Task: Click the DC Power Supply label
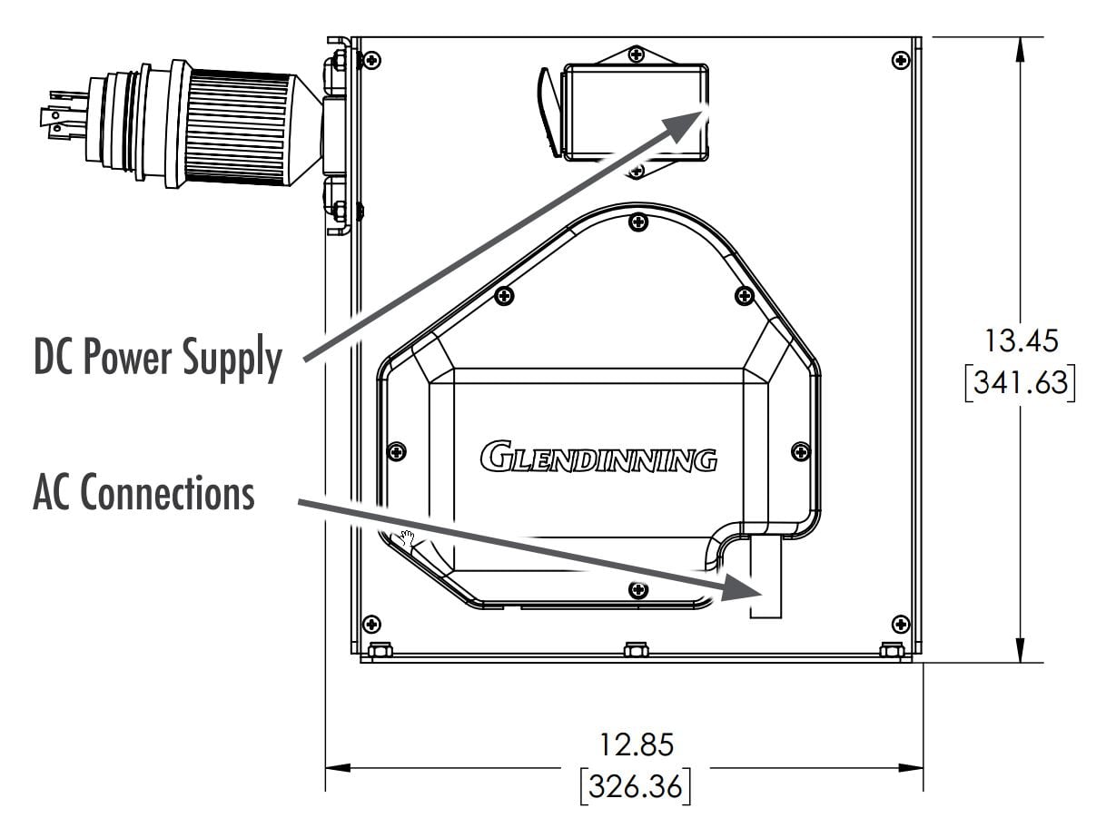click(157, 358)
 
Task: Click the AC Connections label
click(143, 492)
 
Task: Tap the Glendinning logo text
click(598, 457)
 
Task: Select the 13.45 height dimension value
click(1021, 340)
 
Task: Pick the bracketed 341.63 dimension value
click(1021, 383)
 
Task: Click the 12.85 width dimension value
click(636, 744)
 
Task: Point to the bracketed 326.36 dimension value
click(636, 786)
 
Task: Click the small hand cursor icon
click(407, 537)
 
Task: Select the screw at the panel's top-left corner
click(371, 61)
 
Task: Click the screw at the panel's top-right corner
click(900, 60)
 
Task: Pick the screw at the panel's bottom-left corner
click(371, 625)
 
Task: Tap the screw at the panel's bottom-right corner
click(900, 625)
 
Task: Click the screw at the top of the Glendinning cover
click(638, 222)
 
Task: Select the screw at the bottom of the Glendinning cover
click(638, 589)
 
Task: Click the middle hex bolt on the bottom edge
click(636, 650)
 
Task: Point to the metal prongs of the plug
click(64, 115)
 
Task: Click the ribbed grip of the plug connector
click(238, 127)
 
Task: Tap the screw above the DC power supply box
click(637, 54)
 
